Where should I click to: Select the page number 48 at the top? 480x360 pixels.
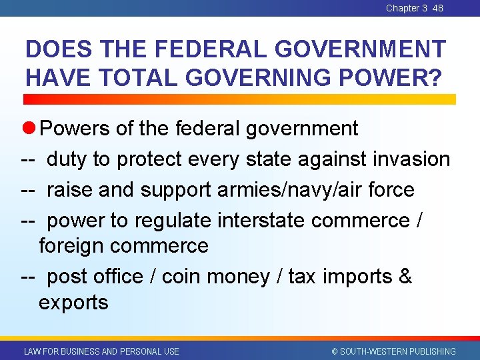[x=437, y=8]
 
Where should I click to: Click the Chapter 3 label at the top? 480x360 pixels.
[x=407, y=8]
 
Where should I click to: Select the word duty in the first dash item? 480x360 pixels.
[x=67, y=159]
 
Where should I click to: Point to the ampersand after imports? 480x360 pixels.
[x=405, y=276]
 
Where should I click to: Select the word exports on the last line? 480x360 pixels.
[x=73, y=303]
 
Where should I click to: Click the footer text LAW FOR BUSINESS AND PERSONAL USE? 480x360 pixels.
[x=101, y=351]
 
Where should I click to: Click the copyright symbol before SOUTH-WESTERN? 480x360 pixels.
[x=335, y=351]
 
